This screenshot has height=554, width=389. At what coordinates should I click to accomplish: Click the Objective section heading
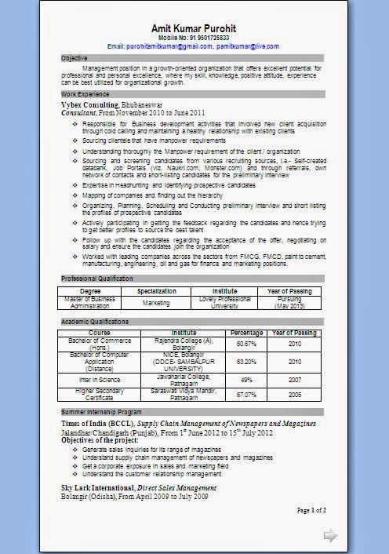[x=75, y=58]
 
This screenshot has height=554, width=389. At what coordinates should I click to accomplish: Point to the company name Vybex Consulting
[x=90, y=104]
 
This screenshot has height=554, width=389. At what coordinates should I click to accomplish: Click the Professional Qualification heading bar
[x=97, y=279]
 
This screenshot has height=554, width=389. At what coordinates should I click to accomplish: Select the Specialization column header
[x=156, y=290]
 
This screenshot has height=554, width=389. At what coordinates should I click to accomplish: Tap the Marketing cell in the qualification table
[x=156, y=302]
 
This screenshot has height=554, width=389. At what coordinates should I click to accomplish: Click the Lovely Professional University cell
[x=224, y=302]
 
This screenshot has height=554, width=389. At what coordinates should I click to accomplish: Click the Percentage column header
[x=246, y=333]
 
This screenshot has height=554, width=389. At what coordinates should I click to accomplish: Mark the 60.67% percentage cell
[x=246, y=344]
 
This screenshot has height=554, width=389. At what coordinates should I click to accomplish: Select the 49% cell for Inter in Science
[x=246, y=380]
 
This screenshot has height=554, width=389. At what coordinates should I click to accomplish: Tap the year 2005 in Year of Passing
[x=294, y=394]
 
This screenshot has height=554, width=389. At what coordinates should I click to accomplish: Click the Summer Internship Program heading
[x=101, y=412]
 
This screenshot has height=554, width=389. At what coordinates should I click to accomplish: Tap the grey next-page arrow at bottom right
[x=330, y=536]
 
